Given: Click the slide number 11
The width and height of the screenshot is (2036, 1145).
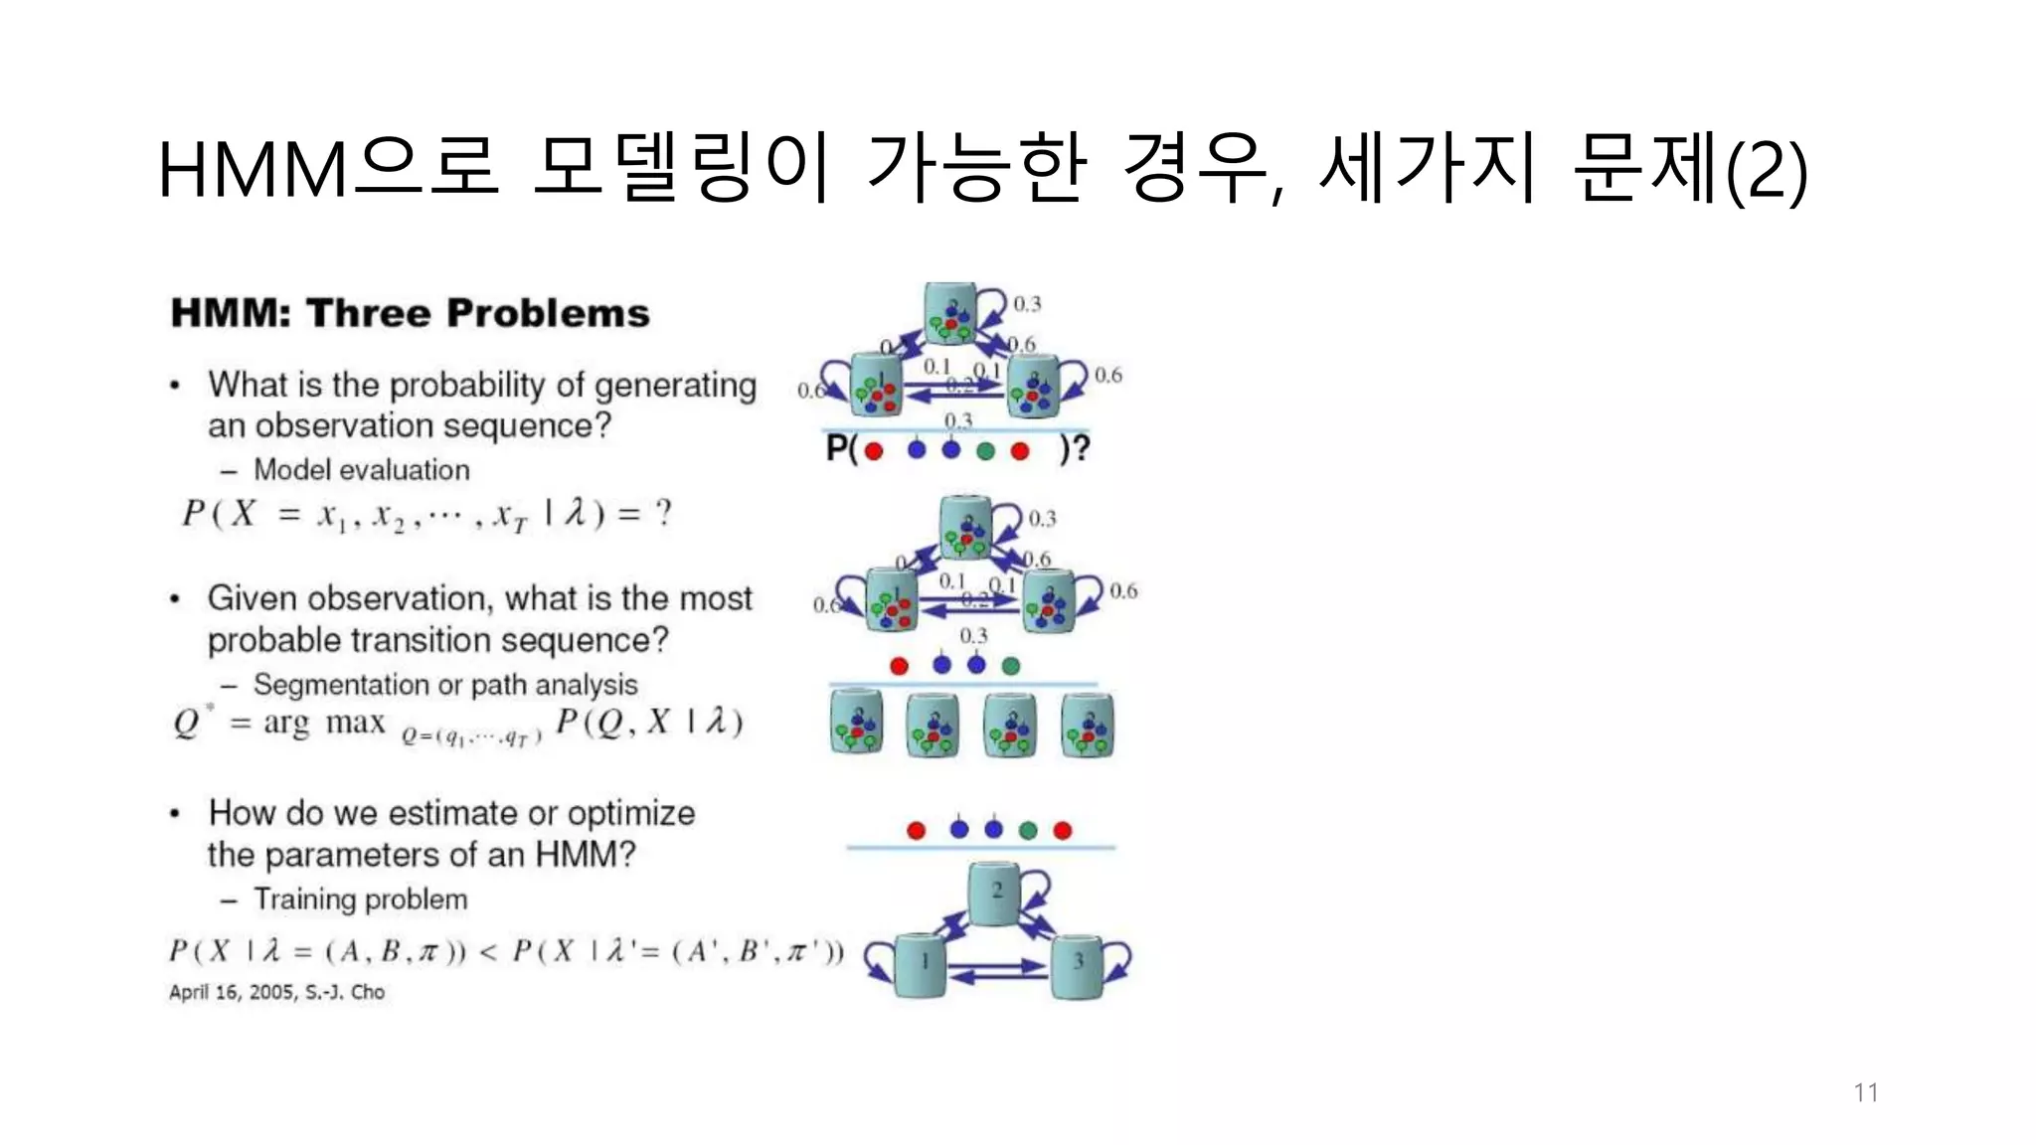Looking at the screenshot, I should coord(1865,1092).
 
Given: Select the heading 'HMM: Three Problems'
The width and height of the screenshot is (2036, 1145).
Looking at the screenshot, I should coord(410,313).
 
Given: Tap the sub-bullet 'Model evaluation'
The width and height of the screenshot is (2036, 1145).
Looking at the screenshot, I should coord(361,469).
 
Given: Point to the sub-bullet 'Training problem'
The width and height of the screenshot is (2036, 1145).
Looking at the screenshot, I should coord(360,899).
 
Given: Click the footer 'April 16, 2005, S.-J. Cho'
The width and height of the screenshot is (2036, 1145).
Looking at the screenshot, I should coord(276,992).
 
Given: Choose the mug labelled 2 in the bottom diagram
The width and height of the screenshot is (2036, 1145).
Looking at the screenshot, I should coord(995,893).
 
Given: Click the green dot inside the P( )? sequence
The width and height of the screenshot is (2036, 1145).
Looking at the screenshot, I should coord(985,451).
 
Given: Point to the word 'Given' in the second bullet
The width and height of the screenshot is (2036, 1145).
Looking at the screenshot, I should coord(253,598).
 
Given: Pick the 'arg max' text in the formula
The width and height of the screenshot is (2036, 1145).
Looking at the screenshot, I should coord(324,723).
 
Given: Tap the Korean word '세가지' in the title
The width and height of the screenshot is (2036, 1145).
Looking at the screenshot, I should coord(1427,169).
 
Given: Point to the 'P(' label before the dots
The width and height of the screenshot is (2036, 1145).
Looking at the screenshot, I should coord(841,449).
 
